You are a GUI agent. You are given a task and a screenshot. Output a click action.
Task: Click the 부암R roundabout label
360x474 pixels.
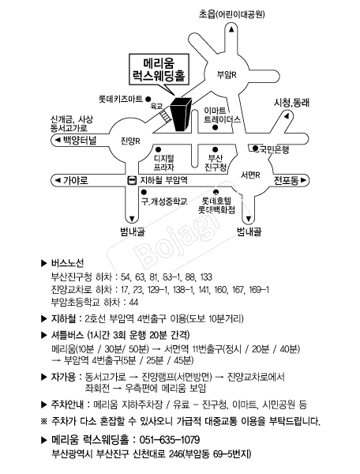coord(227,74)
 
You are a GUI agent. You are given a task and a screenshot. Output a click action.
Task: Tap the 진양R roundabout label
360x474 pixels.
coord(130,141)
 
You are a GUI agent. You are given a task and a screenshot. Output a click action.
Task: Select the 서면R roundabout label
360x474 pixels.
coord(250,175)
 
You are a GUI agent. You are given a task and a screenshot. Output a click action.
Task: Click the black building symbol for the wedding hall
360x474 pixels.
coord(181,114)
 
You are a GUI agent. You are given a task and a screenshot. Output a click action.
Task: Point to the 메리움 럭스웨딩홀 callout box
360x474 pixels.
coord(159,70)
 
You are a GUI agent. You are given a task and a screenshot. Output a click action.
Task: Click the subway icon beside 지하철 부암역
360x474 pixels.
coord(132,180)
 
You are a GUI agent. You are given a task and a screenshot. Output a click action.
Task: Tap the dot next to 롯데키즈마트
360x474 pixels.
coord(148,99)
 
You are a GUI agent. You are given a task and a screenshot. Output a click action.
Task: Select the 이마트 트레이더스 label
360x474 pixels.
coord(222,115)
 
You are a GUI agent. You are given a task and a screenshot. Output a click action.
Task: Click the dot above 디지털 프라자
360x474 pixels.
coord(158,149)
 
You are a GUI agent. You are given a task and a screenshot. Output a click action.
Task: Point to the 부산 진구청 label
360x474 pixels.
coord(216,163)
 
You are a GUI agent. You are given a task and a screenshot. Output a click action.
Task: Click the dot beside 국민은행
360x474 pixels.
coord(255,149)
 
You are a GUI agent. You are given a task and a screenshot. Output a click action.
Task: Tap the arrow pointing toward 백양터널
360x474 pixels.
coord(57,140)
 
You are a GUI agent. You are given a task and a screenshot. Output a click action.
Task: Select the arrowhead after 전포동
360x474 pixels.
coord(303,180)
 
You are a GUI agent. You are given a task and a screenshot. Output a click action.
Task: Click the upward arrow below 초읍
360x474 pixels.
coord(231,29)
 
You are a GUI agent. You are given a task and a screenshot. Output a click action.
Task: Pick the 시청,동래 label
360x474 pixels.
coord(291,102)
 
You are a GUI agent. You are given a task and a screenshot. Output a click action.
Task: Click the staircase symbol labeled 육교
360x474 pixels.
coord(166,116)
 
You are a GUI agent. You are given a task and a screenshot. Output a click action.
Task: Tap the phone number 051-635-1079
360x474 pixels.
coord(170,440)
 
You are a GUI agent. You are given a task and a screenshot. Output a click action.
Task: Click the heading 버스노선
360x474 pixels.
coord(67,263)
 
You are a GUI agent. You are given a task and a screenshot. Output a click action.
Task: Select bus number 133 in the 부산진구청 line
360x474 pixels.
coord(206,277)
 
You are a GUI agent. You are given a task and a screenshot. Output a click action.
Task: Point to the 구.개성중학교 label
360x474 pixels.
coord(164,201)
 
